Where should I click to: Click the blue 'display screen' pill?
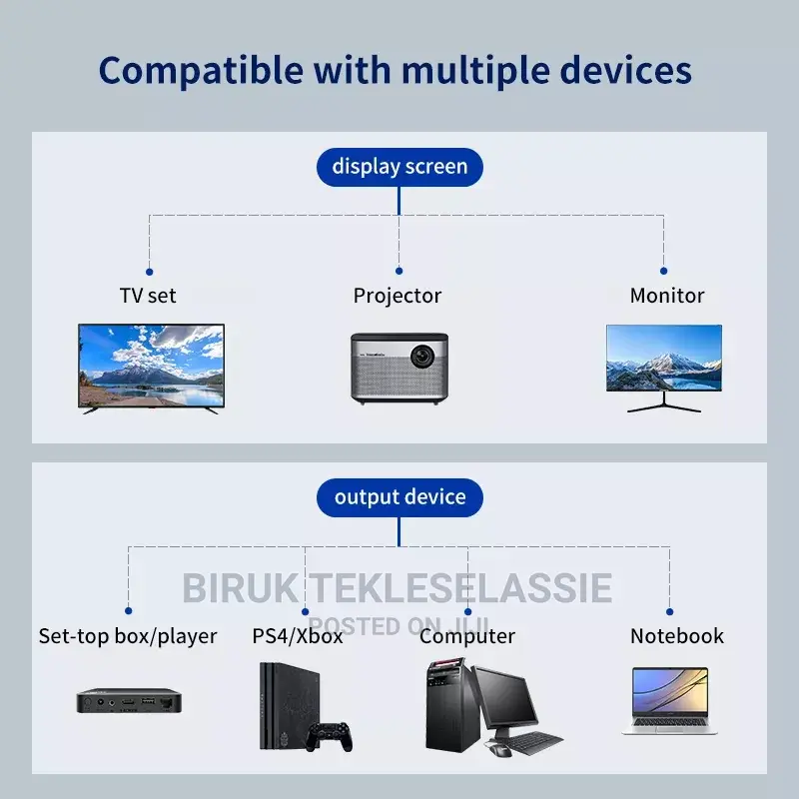[399, 166]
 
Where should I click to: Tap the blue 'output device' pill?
[399, 496]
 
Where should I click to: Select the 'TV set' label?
[148, 296]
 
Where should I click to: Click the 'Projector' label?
[398, 296]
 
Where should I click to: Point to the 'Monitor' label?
[667, 296]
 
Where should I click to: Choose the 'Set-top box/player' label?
[128, 636]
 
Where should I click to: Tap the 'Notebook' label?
[677, 636]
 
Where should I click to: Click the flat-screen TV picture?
[151, 365]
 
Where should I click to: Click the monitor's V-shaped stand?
[663, 404]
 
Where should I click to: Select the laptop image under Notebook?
[669, 701]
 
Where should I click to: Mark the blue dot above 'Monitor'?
[663, 270]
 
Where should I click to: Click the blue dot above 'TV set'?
[149, 270]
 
